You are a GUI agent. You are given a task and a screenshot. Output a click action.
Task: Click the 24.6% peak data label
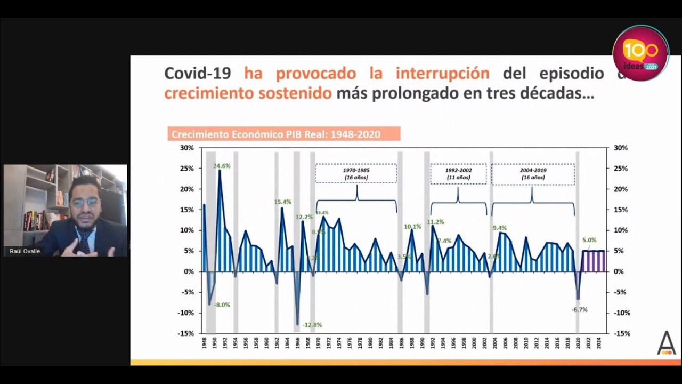click(x=222, y=166)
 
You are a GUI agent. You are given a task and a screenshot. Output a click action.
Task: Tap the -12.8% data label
click(x=312, y=325)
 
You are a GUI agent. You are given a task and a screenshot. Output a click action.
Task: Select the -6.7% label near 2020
click(x=579, y=309)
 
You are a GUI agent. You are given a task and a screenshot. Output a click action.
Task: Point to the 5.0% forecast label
click(x=589, y=240)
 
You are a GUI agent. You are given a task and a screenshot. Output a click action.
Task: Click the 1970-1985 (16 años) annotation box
click(x=356, y=174)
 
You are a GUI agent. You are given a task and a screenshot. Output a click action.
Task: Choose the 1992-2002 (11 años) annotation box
click(x=458, y=174)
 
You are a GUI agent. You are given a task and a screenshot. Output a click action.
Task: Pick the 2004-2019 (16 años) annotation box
click(x=533, y=174)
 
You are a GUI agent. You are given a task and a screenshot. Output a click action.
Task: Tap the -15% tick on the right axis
click(x=621, y=333)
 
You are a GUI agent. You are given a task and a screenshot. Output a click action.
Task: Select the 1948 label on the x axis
click(x=204, y=342)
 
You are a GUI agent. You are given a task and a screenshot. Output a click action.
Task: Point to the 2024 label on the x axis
click(x=599, y=342)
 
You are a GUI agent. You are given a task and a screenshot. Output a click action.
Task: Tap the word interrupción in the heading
click(x=442, y=73)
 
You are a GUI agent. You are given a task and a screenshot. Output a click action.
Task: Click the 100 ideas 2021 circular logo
click(x=640, y=53)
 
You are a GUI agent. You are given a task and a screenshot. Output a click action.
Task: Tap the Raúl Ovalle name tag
click(x=25, y=251)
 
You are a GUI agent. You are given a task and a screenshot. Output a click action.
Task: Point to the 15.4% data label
click(x=282, y=202)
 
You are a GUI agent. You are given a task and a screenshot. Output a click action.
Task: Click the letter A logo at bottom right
click(x=666, y=343)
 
